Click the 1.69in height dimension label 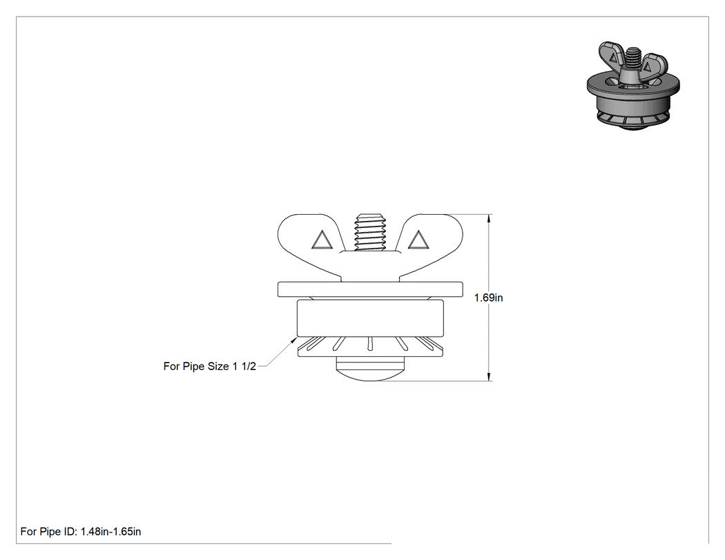[x=488, y=298]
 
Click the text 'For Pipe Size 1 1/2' [x=209, y=366]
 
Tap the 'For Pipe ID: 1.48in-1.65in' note [x=81, y=532]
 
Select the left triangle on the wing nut [x=322, y=240]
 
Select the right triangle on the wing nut [x=418, y=240]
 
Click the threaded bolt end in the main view [x=370, y=233]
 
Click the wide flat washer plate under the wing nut [x=370, y=289]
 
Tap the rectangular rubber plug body [x=370, y=318]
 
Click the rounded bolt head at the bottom [x=370, y=369]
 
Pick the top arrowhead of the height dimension [x=489, y=218]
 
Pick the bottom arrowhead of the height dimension [x=489, y=377]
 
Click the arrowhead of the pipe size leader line [x=293, y=340]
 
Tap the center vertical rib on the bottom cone [x=370, y=343]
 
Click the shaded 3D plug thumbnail [x=633, y=85]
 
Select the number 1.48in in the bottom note [x=95, y=532]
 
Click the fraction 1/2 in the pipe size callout [x=249, y=366]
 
